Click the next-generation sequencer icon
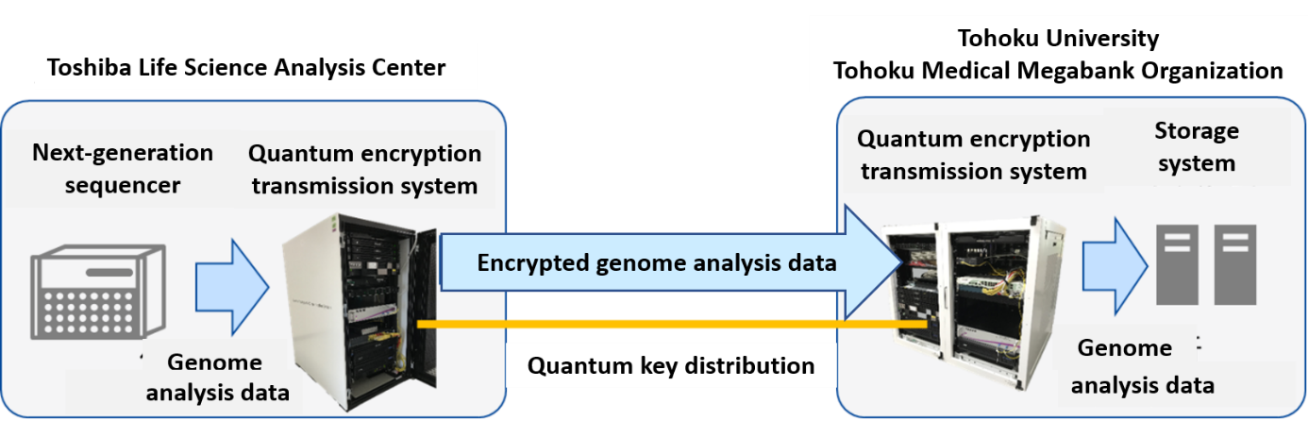pos(98,292)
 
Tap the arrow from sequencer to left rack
pos(232,287)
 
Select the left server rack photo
pos(360,311)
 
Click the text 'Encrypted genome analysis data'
pos(656,263)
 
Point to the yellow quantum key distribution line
pos(672,324)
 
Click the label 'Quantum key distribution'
pos(671,365)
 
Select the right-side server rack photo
pos(974,300)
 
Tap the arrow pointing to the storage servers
pos(1115,266)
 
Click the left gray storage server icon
pos(1177,264)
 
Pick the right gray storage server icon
pos(1235,264)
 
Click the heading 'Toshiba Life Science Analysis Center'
pos(246,68)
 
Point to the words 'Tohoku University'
pos(1058,39)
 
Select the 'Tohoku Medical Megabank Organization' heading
pos(1058,71)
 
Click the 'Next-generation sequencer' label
pos(123,169)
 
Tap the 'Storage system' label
pos(1197,146)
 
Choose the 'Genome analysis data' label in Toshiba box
pos(217,378)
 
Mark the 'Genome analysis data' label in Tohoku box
pos(1142,366)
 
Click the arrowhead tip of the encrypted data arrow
pos(903,262)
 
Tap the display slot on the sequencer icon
pos(109,272)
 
